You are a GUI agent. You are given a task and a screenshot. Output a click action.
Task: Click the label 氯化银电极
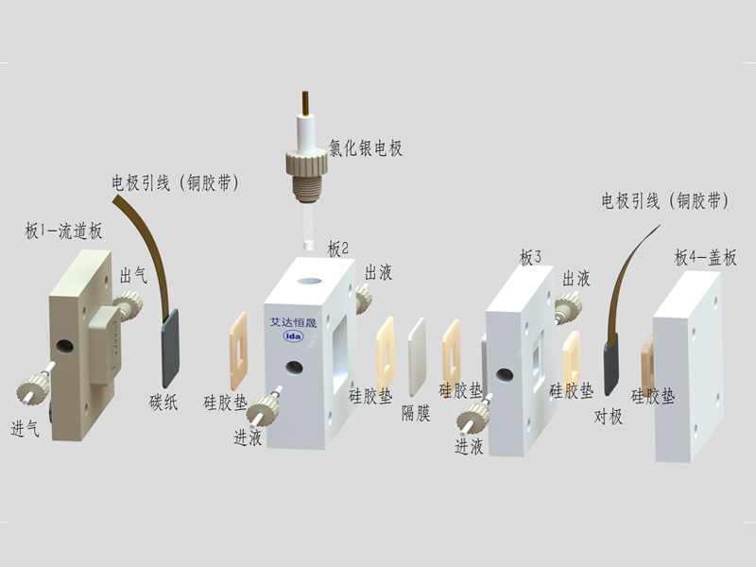[365, 147]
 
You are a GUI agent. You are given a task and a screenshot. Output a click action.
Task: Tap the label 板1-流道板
[63, 231]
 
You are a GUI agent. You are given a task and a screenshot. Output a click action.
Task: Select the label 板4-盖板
[705, 258]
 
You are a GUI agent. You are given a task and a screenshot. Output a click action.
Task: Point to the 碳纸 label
[163, 403]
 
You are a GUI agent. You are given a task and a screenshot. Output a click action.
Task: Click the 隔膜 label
[416, 413]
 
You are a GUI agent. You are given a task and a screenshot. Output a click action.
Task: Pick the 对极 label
[608, 416]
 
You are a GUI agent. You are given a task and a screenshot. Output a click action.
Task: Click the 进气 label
[25, 428]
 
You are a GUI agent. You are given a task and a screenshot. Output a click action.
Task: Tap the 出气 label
[133, 276]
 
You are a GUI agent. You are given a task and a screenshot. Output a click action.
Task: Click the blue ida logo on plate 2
[293, 336]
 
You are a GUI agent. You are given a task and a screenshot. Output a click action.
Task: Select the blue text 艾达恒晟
[293, 322]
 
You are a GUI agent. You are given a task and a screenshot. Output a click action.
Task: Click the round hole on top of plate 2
[309, 280]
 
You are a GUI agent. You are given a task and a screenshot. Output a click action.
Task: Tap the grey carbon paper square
[170, 348]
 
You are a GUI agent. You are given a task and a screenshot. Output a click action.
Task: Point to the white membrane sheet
[417, 357]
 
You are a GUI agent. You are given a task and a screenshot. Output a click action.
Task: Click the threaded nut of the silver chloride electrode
[306, 163]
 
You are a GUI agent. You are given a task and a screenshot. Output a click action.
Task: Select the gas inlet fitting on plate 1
[34, 385]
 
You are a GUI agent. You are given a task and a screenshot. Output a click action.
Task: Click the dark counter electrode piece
[610, 363]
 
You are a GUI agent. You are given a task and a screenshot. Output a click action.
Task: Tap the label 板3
[530, 257]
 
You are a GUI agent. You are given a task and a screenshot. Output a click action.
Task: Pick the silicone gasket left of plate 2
[238, 351]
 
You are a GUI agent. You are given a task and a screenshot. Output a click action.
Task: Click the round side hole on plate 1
[64, 346]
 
